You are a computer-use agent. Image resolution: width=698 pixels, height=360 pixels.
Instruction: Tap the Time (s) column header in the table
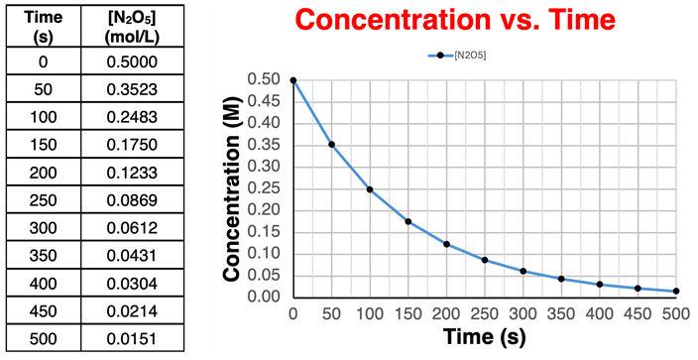click(x=43, y=25)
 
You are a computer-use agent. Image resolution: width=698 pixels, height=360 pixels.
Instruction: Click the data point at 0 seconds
click(x=293, y=79)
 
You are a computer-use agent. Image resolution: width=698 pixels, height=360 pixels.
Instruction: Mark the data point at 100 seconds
click(x=370, y=189)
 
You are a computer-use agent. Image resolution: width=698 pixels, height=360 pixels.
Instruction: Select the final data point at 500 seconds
click(x=676, y=291)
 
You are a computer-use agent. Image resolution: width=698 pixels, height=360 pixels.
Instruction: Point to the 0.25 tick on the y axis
click(x=266, y=188)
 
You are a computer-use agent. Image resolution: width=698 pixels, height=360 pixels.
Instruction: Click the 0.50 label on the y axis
click(x=266, y=79)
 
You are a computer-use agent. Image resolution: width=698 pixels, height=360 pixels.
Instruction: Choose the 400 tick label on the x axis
click(x=600, y=314)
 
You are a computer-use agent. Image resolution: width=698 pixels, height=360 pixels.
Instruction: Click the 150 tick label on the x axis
click(x=408, y=314)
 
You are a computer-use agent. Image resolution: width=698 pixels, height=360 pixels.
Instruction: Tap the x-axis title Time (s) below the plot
click(x=485, y=337)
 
